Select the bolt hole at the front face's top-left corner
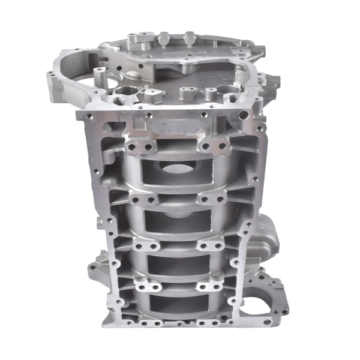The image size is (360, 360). [x=84, y=118]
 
